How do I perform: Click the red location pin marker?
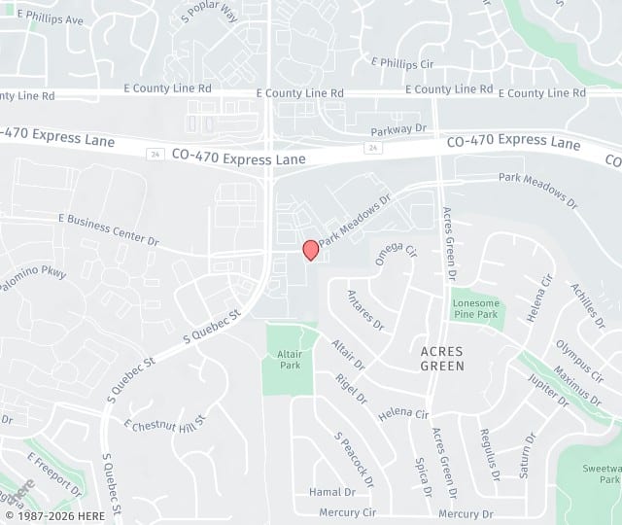(x=311, y=250)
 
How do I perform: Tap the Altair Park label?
(x=291, y=361)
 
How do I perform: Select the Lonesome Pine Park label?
(x=475, y=309)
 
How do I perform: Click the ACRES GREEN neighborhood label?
(x=442, y=358)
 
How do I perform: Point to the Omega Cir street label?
(x=396, y=253)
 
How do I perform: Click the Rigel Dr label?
(x=352, y=387)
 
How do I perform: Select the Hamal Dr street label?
(x=326, y=492)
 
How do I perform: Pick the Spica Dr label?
(x=421, y=476)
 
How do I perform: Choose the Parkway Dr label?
(x=398, y=128)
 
